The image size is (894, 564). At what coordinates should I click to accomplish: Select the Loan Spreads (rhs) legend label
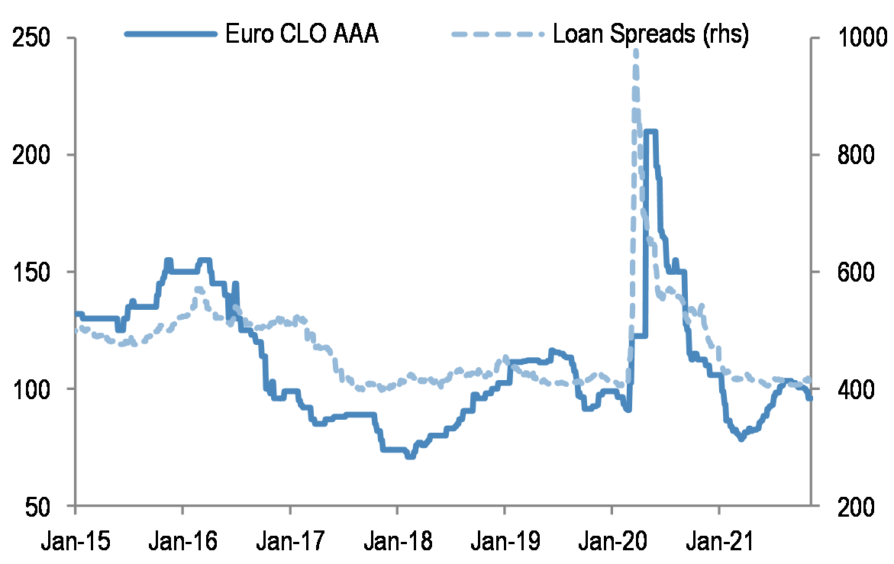click(x=650, y=34)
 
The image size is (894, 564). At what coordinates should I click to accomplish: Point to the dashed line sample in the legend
click(x=498, y=34)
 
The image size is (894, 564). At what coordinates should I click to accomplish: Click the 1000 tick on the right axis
click(x=852, y=37)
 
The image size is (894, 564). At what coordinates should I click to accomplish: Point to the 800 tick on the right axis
click(x=846, y=155)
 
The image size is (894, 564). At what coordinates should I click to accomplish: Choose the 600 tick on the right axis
click(x=846, y=272)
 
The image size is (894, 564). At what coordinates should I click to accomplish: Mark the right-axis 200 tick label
click(x=846, y=506)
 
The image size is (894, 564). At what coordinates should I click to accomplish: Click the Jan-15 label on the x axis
click(x=76, y=541)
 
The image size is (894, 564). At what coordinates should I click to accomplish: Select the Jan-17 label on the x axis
click(x=290, y=541)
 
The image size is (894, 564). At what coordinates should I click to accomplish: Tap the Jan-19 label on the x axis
click(x=504, y=541)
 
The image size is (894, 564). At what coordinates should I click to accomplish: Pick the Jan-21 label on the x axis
click(x=718, y=541)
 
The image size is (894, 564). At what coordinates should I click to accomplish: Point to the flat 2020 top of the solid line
click(x=650, y=131)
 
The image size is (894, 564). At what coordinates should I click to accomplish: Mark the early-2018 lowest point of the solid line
click(x=410, y=456)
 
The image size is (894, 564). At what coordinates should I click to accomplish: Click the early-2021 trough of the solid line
click(x=741, y=439)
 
